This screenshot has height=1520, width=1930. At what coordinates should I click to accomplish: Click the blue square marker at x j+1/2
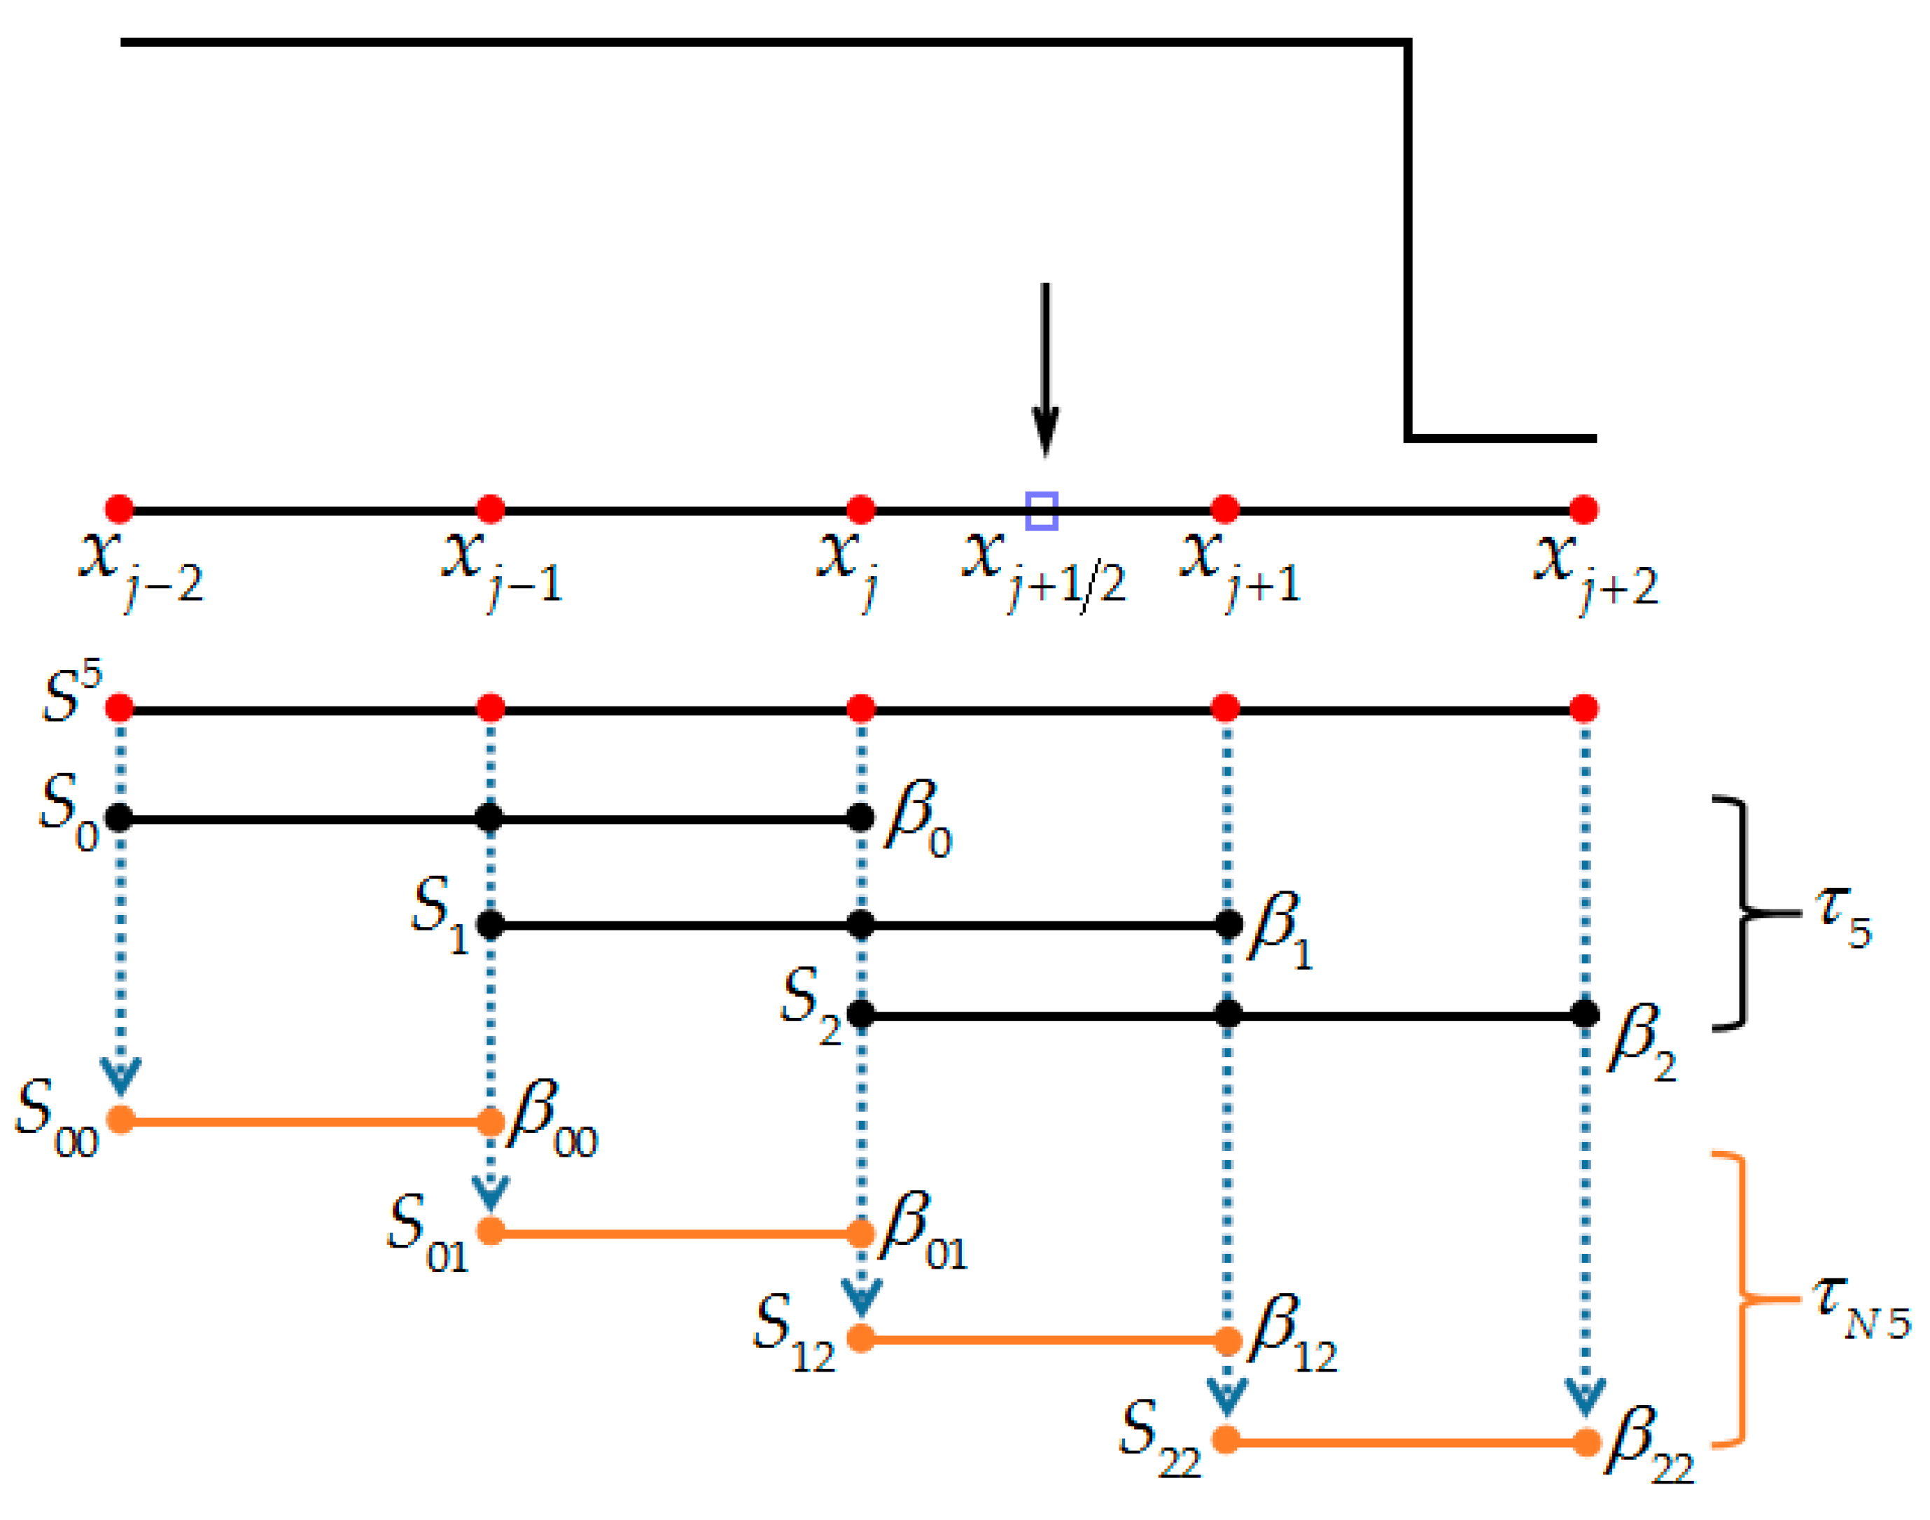(x=1041, y=511)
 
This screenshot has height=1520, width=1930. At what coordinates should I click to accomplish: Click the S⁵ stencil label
(x=71, y=692)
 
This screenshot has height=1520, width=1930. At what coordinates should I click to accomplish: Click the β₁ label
(x=1280, y=929)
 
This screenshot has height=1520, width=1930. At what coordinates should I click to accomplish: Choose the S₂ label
(x=810, y=1004)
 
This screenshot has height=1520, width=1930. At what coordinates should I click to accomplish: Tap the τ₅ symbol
(x=1842, y=916)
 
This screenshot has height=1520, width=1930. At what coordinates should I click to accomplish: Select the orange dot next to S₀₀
(x=120, y=1120)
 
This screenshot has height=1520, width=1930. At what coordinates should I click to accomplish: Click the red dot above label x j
(x=860, y=509)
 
